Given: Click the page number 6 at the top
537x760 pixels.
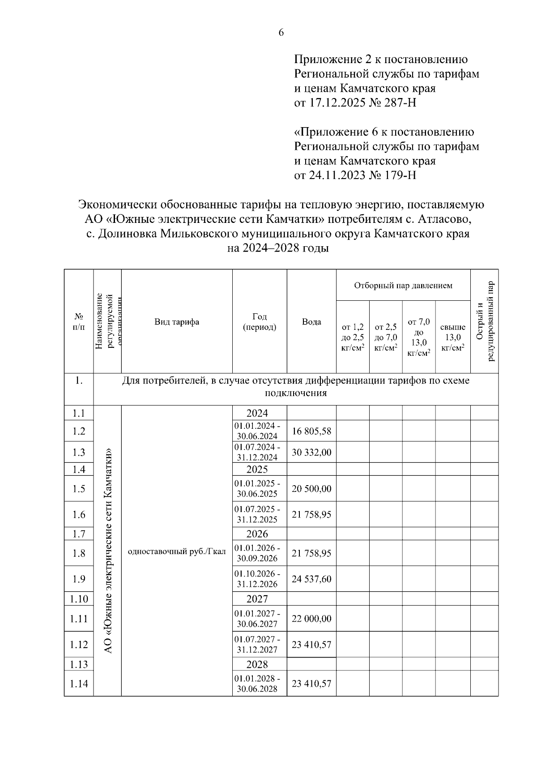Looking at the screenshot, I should click(x=281, y=33).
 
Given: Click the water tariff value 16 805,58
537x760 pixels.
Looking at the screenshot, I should click(x=311, y=431).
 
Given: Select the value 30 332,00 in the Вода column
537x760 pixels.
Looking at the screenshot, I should click(x=311, y=453).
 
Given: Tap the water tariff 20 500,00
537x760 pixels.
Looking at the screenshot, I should click(x=311, y=489).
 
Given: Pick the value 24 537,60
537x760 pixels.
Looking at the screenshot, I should click(x=311, y=579).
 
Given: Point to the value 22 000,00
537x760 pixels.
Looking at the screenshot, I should click(x=311, y=619).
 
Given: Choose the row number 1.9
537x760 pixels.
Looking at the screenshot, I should click(x=79, y=579).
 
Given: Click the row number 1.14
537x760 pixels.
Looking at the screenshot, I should click(x=79, y=683).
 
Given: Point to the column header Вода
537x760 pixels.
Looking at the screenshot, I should click(x=311, y=322).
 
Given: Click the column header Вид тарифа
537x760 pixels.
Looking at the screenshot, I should click(x=177, y=322).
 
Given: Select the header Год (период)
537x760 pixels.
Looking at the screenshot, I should click(x=260, y=322).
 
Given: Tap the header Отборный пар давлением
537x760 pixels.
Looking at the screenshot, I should click(x=403, y=286).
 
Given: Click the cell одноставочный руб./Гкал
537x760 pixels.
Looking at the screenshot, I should click(x=177, y=551).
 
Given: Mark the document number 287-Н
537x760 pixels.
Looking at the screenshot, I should click(x=401, y=103).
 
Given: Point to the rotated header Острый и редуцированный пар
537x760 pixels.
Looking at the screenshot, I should click(x=485, y=321).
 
